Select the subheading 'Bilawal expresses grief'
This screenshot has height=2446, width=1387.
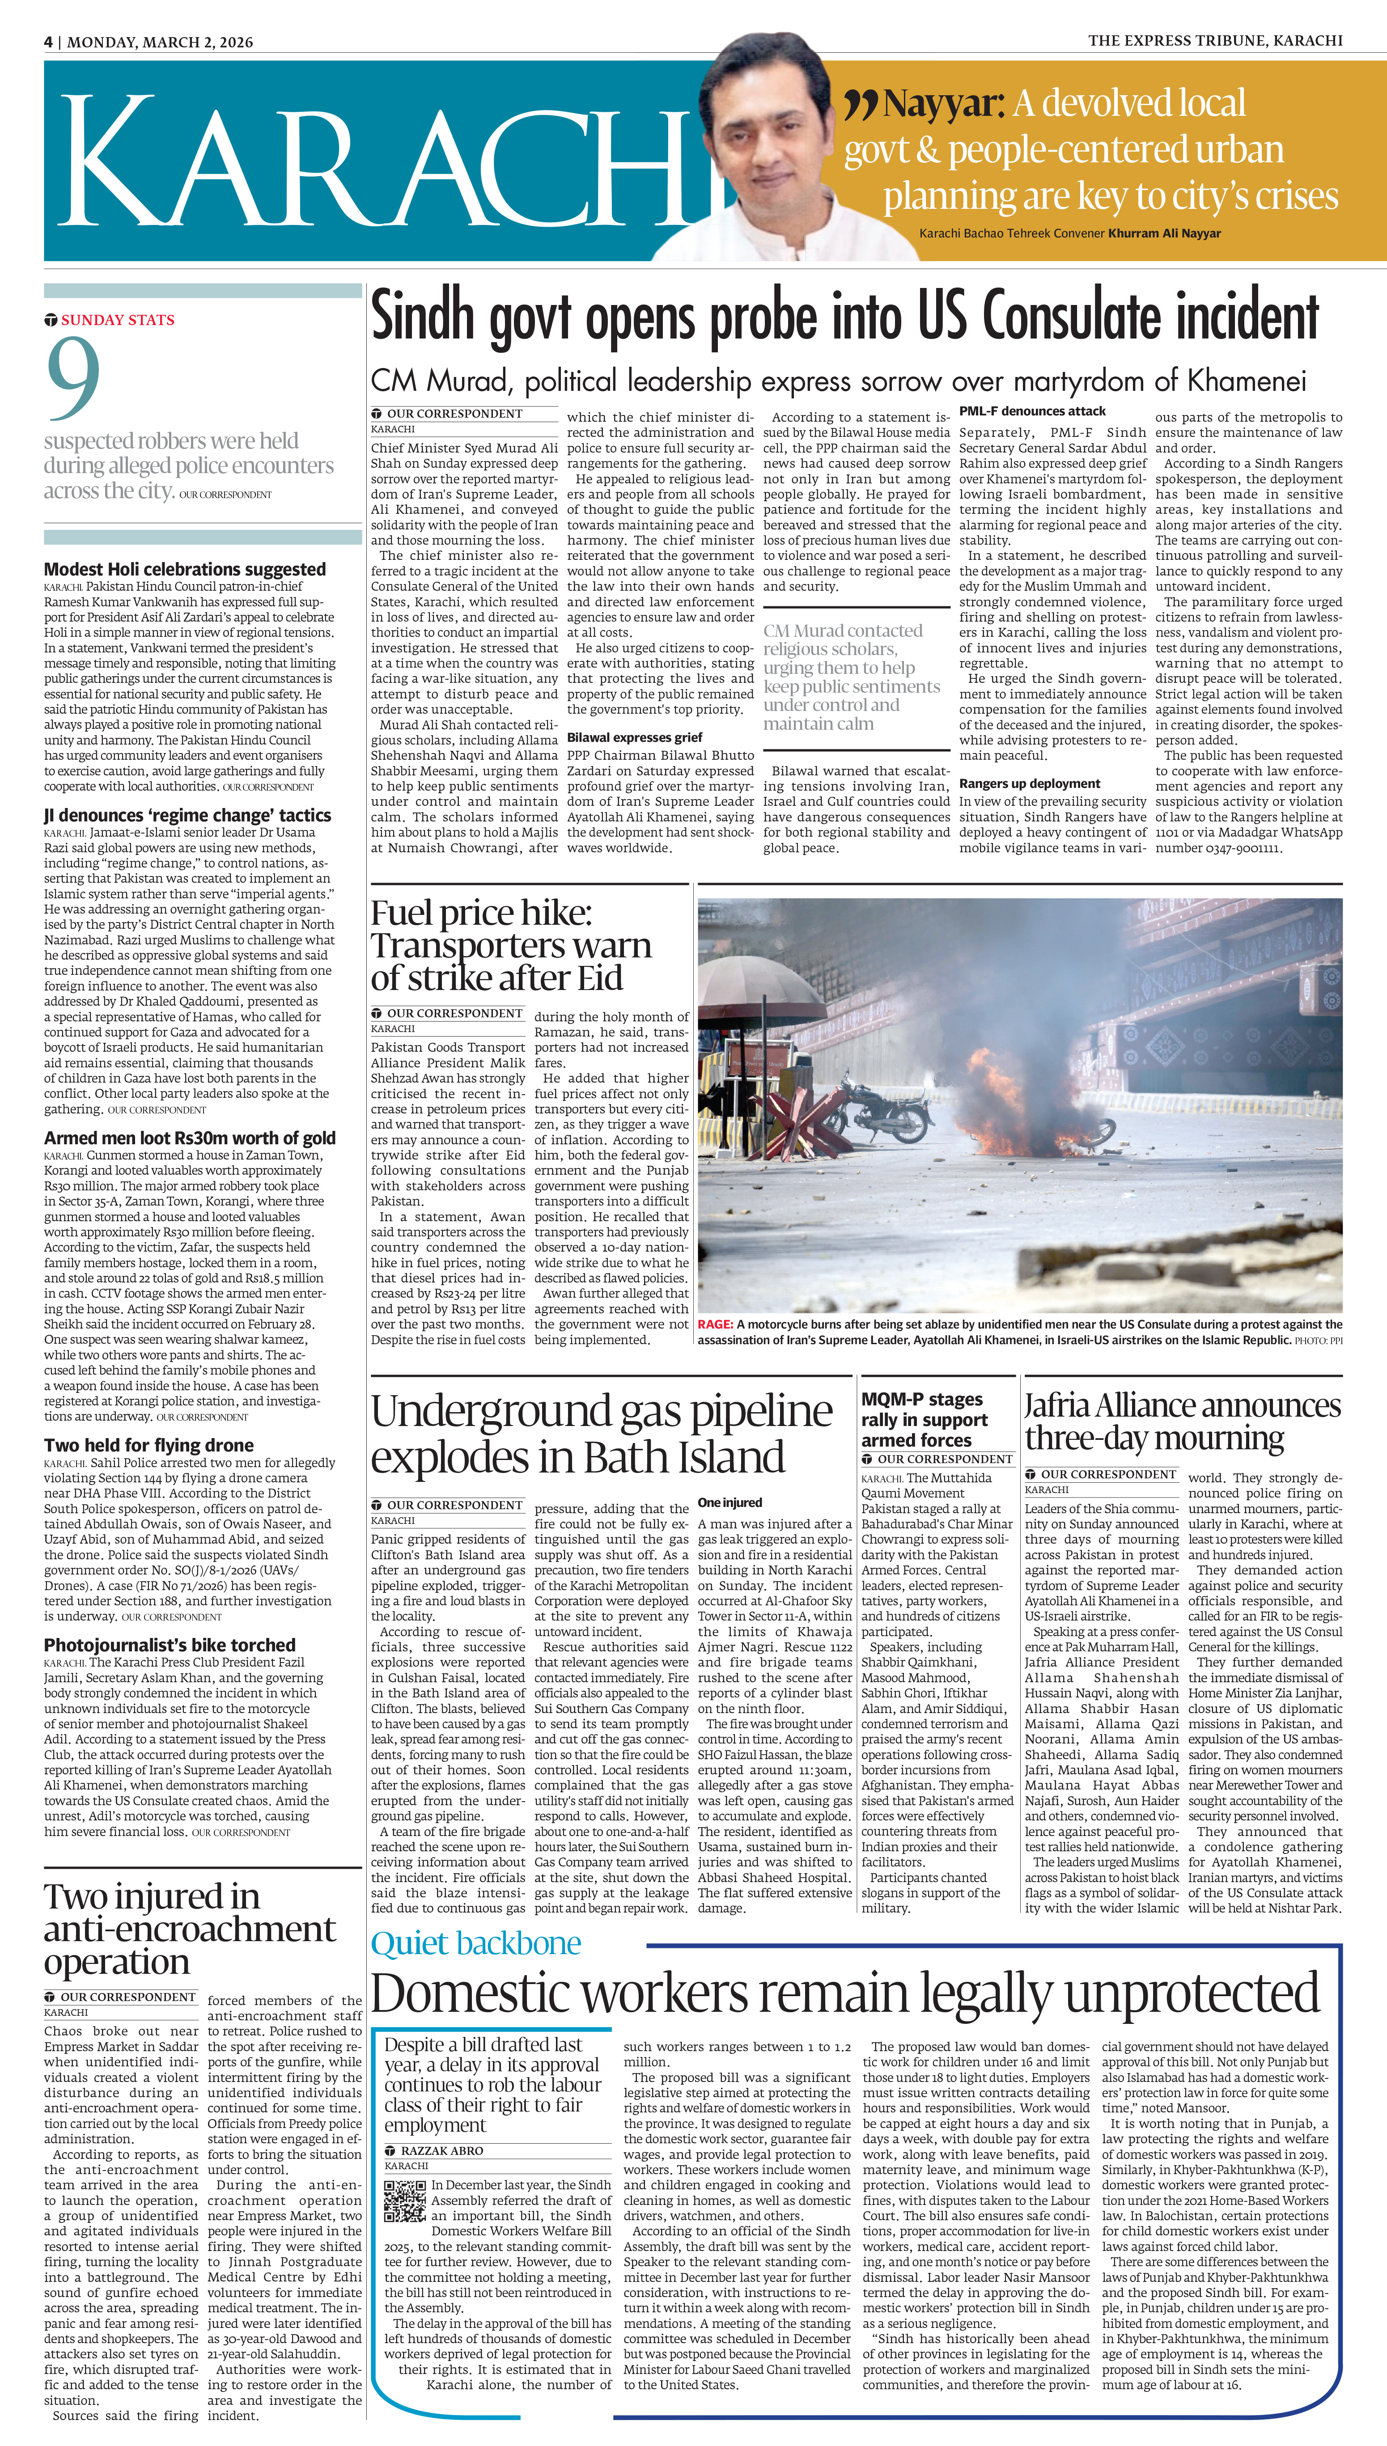point(634,737)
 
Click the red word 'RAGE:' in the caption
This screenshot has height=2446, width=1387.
point(714,1325)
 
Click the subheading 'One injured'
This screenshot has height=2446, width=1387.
point(730,1502)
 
